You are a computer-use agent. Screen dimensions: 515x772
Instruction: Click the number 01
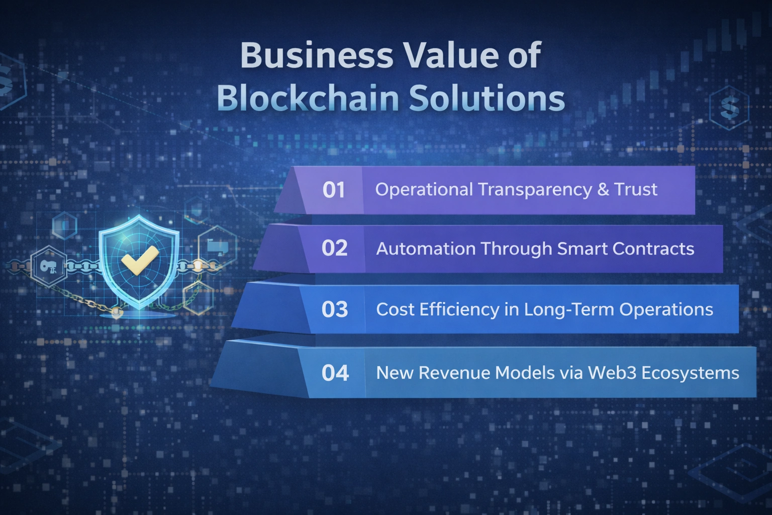pyautogui.click(x=334, y=190)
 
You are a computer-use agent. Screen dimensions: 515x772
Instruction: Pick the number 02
pyautogui.click(x=335, y=248)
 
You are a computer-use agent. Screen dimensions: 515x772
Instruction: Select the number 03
pyautogui.click(x=335, y=309)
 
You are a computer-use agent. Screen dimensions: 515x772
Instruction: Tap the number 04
pyautogui.click(x=335, y=373)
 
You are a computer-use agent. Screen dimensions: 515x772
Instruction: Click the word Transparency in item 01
pyautogui.click(x=535, y=190)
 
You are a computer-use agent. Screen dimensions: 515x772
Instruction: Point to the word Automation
pyautogui.click(x=426, y=248)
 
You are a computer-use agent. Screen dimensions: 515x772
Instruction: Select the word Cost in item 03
pyautogui.click(x=395, y=309)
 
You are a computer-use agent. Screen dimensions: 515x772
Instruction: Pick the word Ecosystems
pyautogui.click(x=690, y=373)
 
